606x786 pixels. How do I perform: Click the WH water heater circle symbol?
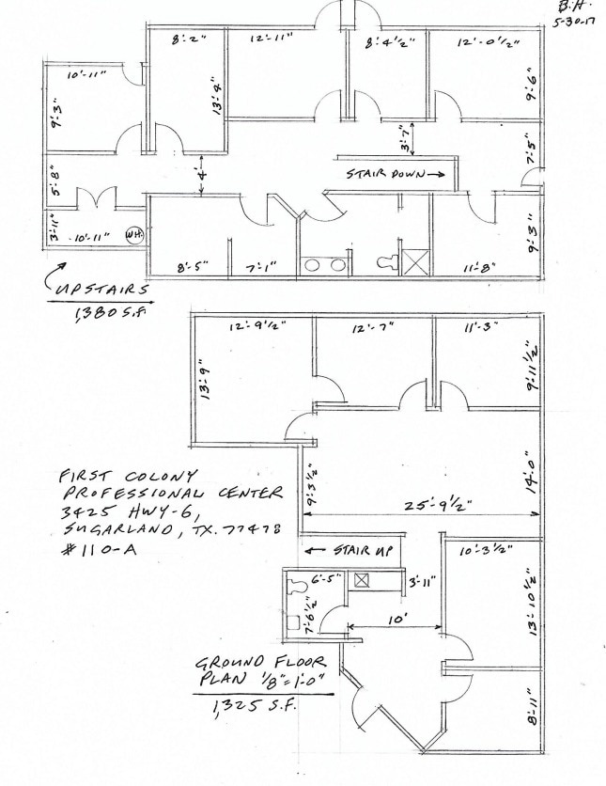[135, 237]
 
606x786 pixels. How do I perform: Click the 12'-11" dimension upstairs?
[272, 39]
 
